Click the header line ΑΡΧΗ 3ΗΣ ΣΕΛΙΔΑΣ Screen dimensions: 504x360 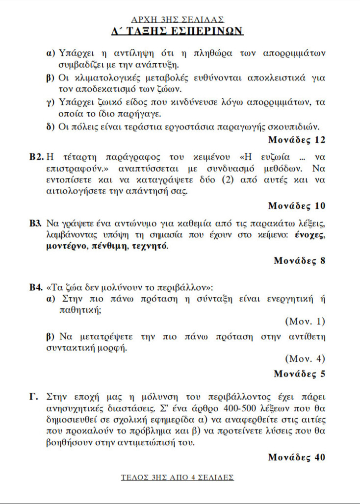pyautogui.click(x=178, y=20)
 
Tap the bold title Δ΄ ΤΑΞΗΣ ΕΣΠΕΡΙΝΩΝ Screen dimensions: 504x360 pyautogui.click(x=178, y=31)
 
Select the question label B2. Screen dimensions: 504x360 pyautogui.click(x=36, y=157)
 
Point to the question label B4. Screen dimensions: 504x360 pyautogui.click(x=36, y=286)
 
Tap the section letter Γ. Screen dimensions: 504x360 pyautogui.click(x=33, y=396)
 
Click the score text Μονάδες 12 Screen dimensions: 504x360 pyautogui.click(x=297, y=140)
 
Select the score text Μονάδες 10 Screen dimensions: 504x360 pyautogui.click(x=297, y=205)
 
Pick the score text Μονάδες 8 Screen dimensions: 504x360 pyautogui.click(x=299, y=260)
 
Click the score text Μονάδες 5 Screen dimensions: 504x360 pyautogui.click(x=299, y=374)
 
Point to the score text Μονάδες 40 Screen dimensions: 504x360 pyautogui.click(x=297, y=457)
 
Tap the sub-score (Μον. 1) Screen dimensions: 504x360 pyautogui.click(x=305, y=322)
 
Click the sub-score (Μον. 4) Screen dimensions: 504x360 pyautogui.click(x=305, y=359)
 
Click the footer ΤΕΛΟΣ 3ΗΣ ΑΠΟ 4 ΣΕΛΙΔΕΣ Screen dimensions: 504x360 pyautogui.click(x=178, y=477)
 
